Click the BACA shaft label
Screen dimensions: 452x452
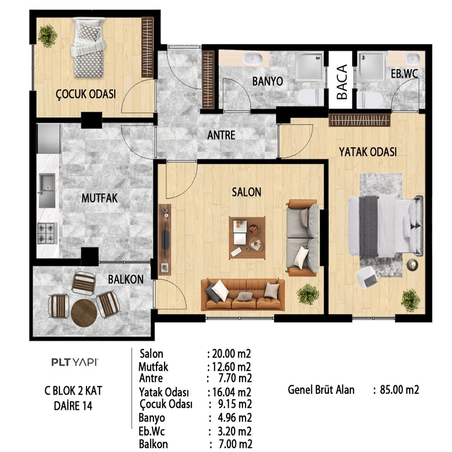tap(342, 82)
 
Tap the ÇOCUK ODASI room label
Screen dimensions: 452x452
tap(85, 94)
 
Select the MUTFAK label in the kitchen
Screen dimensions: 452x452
tap(99, 198)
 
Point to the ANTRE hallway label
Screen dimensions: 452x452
tap(221, 135)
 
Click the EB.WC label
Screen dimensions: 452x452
tap(404, 74)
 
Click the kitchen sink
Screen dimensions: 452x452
tap(47, 191)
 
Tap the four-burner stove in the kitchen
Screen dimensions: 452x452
tap(47, 233)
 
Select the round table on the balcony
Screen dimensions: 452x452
tap(84, 313)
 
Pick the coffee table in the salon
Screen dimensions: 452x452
tap(247, 238)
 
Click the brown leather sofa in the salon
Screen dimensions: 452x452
tap(243, 294)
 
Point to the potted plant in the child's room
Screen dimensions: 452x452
tap(47, 36)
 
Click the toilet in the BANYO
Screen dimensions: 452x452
tap(311, 97)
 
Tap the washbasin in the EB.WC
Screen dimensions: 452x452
tap(412, 59)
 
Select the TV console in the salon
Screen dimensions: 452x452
tap(165, 240)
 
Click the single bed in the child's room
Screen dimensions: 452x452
tap(89, 47)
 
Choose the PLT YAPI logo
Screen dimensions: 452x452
tap(75, 362)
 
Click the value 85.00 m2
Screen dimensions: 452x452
tap(400, 390)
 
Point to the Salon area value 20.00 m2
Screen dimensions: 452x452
tap(231, 353)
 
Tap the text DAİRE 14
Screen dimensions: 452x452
tap(73, 406)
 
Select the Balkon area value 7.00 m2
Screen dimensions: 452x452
tap(235, 444)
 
